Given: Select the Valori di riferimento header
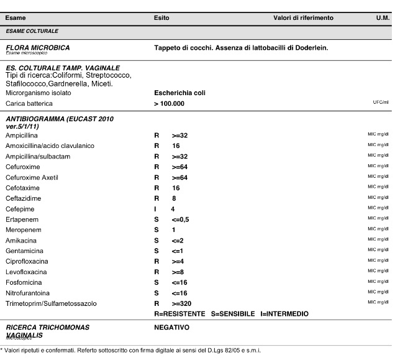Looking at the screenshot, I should pos(303,18).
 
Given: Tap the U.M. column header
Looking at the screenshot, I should pos(382,18).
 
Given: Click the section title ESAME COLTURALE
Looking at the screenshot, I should pos(32,30).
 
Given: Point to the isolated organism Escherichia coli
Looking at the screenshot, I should pos(179,93).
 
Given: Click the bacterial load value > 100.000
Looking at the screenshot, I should pos(169,103).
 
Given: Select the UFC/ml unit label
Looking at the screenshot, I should pos(380,102).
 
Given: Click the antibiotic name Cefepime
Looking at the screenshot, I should pos(20,209).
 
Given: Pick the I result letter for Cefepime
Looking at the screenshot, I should pos(155,209).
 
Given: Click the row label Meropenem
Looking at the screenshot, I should pos(23,230).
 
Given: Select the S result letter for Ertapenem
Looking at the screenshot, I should pos(157,219).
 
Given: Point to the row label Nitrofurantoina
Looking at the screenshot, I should pos(28,293).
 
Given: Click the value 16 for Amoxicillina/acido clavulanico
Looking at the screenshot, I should pos(176,145).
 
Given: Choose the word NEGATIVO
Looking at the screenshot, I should pos(171,327).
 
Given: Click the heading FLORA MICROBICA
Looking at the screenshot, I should pos(37,47).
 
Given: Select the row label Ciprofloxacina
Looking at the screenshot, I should pos(27,261).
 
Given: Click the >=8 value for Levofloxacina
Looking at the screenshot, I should pos(178,272).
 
